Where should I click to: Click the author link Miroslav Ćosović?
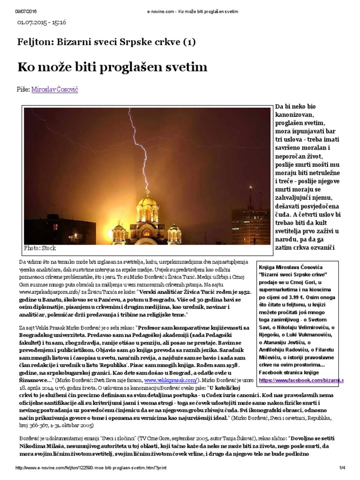[55, 89]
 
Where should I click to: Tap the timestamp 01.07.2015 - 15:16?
[42, 22]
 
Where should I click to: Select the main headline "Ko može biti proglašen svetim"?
[112, 67]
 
